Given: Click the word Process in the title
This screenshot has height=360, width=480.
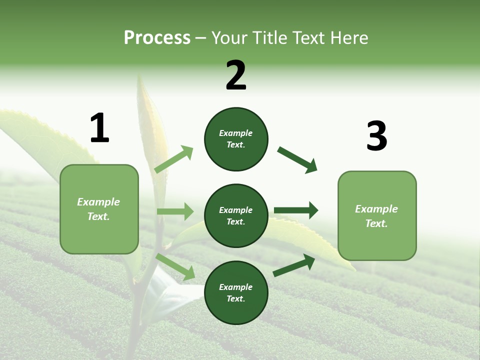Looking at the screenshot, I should click(x=157, y=37).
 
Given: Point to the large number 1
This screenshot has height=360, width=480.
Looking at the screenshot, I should click(x=99, y=128).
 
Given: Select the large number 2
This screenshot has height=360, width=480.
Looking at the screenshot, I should click(x=236, y=75).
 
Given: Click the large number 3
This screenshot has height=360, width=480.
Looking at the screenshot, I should click(x=376, y=136).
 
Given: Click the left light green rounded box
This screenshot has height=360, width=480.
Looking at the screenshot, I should click(x=99, y=209).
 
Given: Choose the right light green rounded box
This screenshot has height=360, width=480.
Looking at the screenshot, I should click(x=377, y=216).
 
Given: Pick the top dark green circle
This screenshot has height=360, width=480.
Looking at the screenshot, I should click(x=236, y=139).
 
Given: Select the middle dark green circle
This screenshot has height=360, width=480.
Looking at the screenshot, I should click(x=236, y=215).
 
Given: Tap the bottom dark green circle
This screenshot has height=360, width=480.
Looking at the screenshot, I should click(x=236, y=292).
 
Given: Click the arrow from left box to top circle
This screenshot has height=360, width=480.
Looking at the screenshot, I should click(x=174, y=159).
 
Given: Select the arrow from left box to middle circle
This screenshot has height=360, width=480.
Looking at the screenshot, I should click(x=175, y=211).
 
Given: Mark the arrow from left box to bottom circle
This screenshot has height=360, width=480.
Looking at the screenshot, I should click(x=175, y=266).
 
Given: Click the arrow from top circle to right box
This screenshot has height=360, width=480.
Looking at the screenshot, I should click(x=297, y=160).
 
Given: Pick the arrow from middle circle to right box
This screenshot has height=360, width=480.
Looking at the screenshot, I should click(x=296, y=210).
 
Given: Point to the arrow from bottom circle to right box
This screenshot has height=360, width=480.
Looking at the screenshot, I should click(x=294, y=265).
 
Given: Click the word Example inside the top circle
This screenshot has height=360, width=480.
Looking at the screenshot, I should click(x=236, y=133).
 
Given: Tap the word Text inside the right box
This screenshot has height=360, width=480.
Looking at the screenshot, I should click(x=376, y=223).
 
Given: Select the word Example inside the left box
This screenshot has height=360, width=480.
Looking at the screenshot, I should click(x=98, y=202).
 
